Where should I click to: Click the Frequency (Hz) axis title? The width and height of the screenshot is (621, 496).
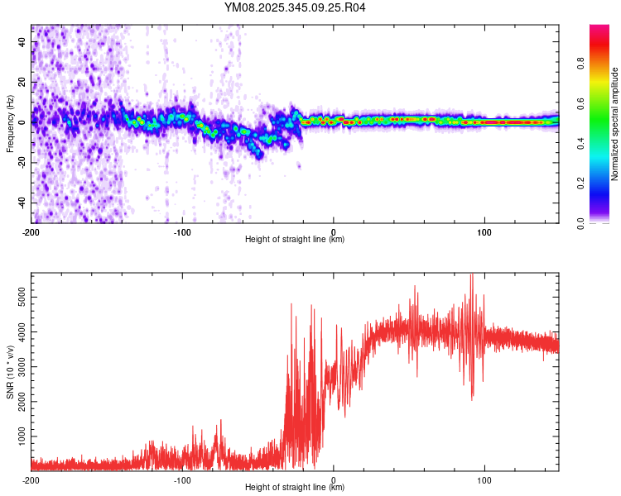[x=10, y=124]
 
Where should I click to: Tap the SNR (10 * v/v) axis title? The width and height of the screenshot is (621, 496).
[x=10, y=372]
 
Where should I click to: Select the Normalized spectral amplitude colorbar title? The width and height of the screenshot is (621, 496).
[x=614, y=124]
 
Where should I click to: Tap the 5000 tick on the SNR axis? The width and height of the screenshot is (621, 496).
[x=18, y=294]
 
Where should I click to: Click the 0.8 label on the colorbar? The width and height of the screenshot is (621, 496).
[x=581, y=64]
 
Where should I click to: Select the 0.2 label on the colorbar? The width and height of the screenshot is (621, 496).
[x=581, y=183]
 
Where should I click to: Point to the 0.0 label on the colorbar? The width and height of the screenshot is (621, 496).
[x=581, y=222]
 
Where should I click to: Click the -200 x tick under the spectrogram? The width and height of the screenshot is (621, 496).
[x=31, y=231]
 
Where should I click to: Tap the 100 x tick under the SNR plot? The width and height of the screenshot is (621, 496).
[x=484, y=479]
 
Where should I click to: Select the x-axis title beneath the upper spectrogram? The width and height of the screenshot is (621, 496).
[x=296, y=240]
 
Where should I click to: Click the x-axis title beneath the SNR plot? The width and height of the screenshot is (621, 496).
[x=296, y=489]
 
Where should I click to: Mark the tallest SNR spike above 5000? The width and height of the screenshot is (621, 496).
[x=471, y=275]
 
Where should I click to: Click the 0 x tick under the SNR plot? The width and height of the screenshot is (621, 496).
[x=334, y=479]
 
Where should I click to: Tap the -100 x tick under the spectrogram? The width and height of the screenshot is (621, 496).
[x=182, y=231]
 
